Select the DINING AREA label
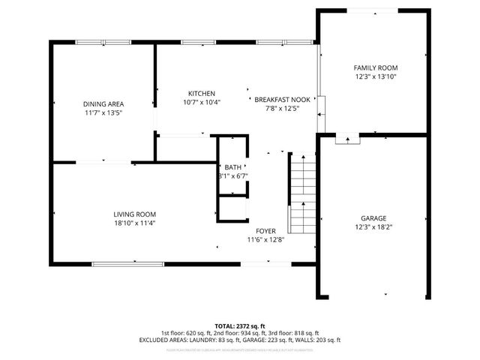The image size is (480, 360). (103, 103)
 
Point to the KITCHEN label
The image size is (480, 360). (202, 93)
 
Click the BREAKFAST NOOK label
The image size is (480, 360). (281, 99)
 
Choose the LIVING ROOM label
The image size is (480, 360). (134, 214)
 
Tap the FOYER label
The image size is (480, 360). (266, 231)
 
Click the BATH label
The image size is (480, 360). (232, 167)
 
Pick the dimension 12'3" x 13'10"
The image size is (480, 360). (375, 76)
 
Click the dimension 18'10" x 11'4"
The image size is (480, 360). (134, 222)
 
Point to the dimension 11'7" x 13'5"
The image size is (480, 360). (103, 112)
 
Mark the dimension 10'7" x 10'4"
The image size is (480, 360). (202, 102)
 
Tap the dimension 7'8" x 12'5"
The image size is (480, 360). (281, 108)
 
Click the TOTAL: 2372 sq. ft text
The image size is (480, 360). (240, 325)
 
